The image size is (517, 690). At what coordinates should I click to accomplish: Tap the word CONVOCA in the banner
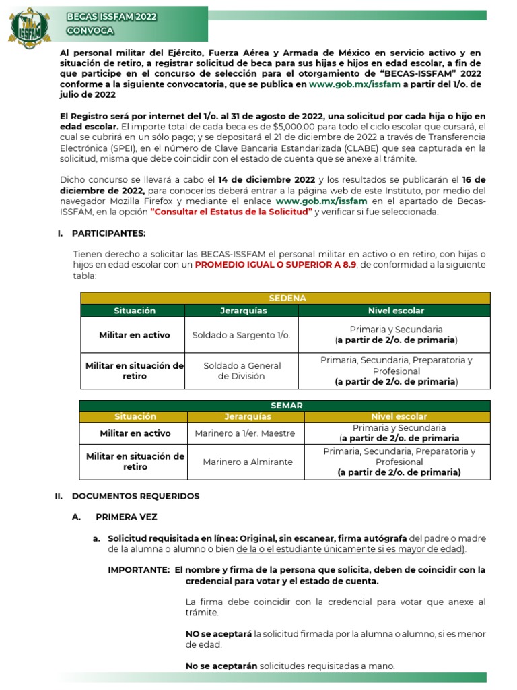click(90, 32)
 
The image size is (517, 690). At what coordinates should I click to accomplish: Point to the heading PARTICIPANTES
click(108, 233)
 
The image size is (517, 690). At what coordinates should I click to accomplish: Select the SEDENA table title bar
click(287, 298)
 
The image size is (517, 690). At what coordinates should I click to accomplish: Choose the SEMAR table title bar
click(286, 405)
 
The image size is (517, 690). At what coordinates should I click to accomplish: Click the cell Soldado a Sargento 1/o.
click(241, 335)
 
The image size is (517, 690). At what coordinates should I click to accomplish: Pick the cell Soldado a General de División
click(242, 371)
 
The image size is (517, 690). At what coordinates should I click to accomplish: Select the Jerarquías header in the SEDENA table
click(244, 311)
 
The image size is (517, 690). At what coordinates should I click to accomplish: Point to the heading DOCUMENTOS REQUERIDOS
click(135, 496)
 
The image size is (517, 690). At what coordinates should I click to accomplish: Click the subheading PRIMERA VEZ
click(126, 517)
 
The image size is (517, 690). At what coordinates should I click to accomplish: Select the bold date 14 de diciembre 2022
click(267, 179)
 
